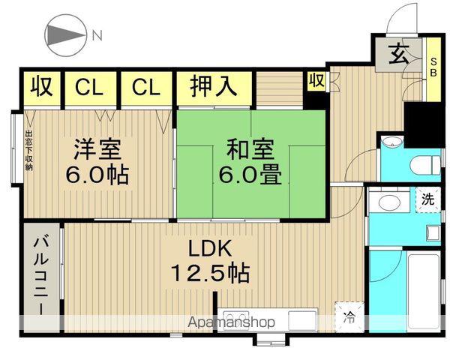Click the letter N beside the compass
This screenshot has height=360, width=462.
[x=97, y=35]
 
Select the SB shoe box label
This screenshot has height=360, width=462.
[x=433, y=67]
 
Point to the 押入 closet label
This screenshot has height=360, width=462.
[x=214, y=85]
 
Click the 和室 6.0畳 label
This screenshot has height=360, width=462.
[x=250, y=161]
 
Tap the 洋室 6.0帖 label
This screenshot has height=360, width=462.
[x=97, y=161]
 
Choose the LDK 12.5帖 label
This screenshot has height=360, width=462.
[x=210, y=261]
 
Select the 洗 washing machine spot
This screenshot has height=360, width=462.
[x=427, y=199]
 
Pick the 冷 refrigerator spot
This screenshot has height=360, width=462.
[x=349, y=317]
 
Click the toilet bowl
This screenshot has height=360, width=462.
[x=426, y=165]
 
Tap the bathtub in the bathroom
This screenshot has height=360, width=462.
[x=424, y=292]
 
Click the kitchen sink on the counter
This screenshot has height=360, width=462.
[x=301, y=320]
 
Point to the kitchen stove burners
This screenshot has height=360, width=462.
[x=236, y=319]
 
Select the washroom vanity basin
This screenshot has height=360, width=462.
[x=389, y=202]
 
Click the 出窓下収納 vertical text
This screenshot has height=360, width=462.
[x=28, y=151]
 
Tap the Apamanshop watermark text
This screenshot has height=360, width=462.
[x=232, y=322]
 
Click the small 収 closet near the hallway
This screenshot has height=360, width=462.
[x=316, y=80]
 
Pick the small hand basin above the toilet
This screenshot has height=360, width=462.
[x=391, y=141]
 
